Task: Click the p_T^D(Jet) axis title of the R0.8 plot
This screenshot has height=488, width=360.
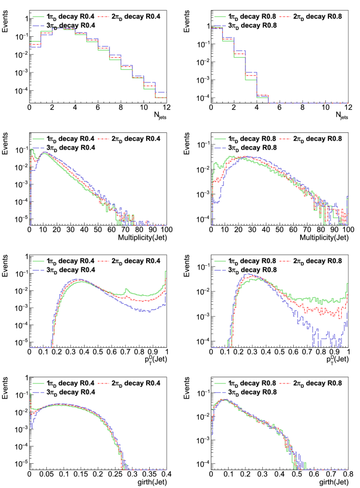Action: pos(332,359)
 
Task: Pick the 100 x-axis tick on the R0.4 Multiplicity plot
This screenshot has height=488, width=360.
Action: pos(166,230)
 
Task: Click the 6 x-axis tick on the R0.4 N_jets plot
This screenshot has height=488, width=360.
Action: pos(98,107)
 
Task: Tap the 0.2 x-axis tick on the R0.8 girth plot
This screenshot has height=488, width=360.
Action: pos(245,474)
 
